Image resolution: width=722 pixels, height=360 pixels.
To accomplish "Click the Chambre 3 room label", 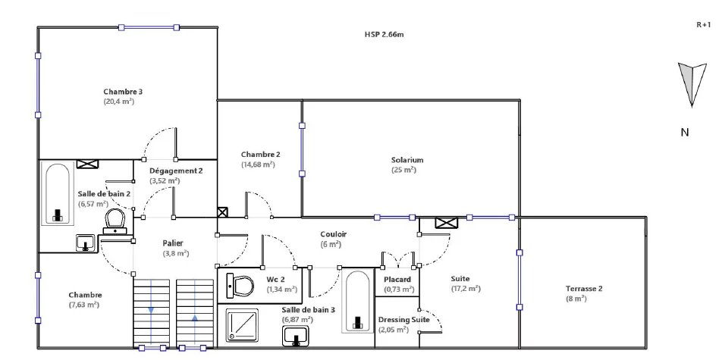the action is tap(120, 91).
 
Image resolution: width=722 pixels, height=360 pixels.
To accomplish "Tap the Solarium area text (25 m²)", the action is tap(403, 170).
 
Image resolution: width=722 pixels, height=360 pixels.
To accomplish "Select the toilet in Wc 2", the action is tap(240, 286).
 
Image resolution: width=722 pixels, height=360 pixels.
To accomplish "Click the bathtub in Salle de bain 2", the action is tap(58, 194).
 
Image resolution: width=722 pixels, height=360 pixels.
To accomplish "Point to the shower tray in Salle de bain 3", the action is tap(242, 325).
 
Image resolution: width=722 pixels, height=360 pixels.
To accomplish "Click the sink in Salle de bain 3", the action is tap(296, 336).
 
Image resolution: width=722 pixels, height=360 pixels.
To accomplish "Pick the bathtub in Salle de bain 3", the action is tap(357, 301).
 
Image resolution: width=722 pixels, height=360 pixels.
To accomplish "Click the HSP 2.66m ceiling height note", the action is tap(385, 34).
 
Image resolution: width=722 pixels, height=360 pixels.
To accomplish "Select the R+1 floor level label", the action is tap(704, 26).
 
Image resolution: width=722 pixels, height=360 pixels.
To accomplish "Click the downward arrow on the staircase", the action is tap(151, 310).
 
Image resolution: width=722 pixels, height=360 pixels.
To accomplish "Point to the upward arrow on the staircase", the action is tap(195, 318).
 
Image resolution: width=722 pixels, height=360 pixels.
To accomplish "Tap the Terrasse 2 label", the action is tap(584, 289).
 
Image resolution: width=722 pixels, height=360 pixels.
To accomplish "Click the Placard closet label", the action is tap(398, 280).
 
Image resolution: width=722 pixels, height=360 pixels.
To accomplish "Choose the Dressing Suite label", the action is tap(403, 320).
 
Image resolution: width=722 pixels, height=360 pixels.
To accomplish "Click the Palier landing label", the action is tap(173, 243).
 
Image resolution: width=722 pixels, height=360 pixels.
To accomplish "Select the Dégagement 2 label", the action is tap(176, 171).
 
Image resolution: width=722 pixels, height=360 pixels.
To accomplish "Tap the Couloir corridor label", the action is tap(334, 234).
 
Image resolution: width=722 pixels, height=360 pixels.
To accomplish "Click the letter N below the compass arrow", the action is tap(685, 133).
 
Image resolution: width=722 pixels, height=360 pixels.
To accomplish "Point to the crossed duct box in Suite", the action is tap(447, 223).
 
